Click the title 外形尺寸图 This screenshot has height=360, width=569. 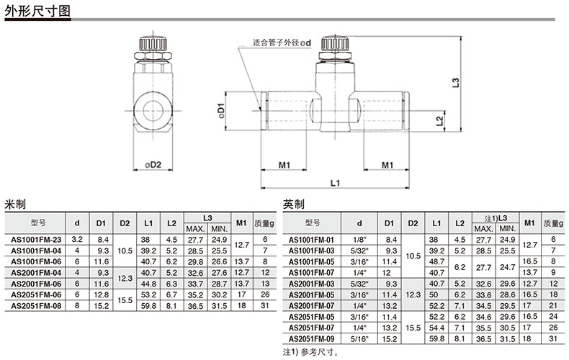[x=37, y=11]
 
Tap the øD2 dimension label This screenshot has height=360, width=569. [x=153, y=164]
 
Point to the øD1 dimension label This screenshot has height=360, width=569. [x=220, y=110]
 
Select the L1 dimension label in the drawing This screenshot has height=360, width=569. [x=335, y=183]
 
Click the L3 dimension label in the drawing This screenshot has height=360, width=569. [x=456, y=83]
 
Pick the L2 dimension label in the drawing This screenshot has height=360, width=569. [x=439, y=121]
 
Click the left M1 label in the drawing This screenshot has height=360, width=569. [x=284, y=165]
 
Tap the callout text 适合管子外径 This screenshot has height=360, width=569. [x=277, y=42]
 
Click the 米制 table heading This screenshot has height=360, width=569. [x=15, y=204]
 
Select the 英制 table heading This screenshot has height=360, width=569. [x=294, y=204]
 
